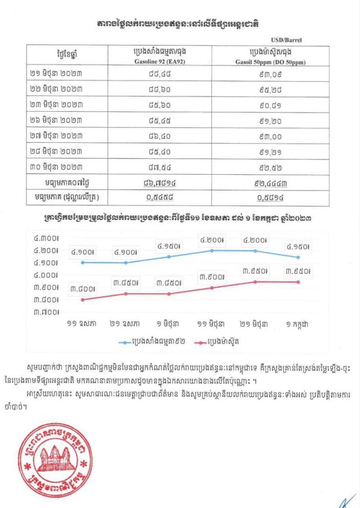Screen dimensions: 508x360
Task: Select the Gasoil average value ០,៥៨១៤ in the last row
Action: [x=270, y=197]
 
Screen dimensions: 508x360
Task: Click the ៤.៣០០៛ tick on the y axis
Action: [x=46, y=238]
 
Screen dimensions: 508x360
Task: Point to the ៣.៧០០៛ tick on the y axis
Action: [x=46, y=312]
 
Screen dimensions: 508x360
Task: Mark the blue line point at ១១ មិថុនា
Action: [x=212, y=251]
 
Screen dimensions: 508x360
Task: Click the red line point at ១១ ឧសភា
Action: [x=82, y=300]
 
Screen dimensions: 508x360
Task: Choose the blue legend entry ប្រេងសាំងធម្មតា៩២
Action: [x=151, y=342]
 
